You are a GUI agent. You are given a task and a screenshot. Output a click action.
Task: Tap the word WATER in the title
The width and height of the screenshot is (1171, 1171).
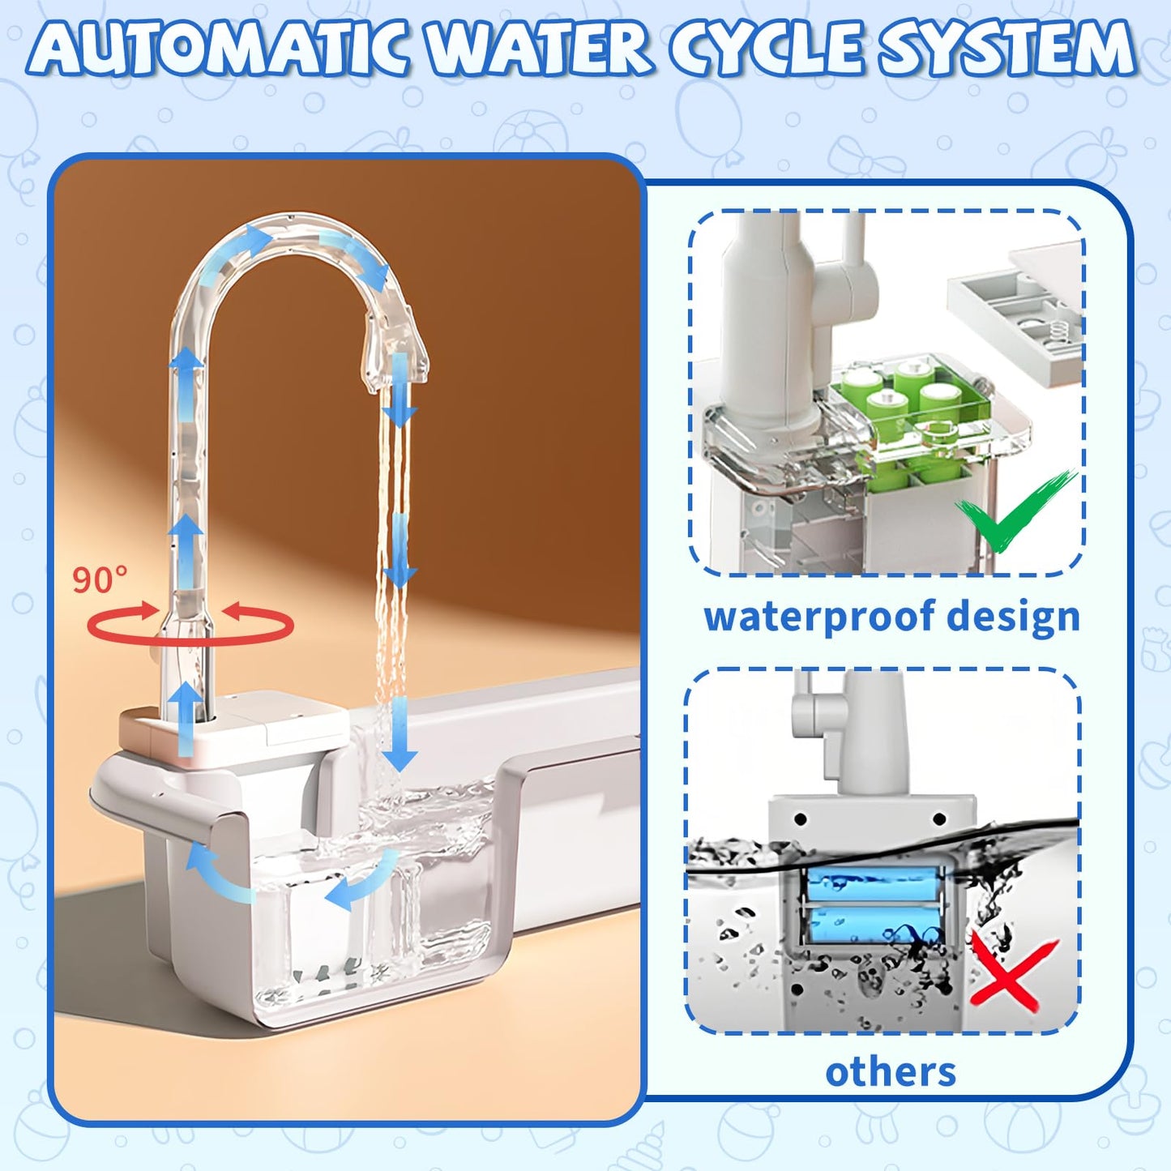point(540,50)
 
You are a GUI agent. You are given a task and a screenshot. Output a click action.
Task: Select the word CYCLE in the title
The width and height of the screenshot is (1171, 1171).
point(766,50)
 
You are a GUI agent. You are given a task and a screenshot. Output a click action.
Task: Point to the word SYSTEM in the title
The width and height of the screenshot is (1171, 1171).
point(1008,50)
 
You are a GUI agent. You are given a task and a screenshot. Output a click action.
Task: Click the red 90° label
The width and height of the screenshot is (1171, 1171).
point(100,580)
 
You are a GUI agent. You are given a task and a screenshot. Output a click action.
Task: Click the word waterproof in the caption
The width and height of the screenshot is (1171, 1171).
point(818,618)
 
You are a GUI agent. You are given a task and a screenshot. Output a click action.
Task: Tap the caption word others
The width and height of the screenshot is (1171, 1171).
point(891,1072)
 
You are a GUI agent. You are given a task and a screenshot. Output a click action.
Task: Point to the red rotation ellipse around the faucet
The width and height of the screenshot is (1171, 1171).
point(190,626)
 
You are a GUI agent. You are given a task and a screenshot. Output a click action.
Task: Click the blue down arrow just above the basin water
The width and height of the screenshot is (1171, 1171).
point(399,737)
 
